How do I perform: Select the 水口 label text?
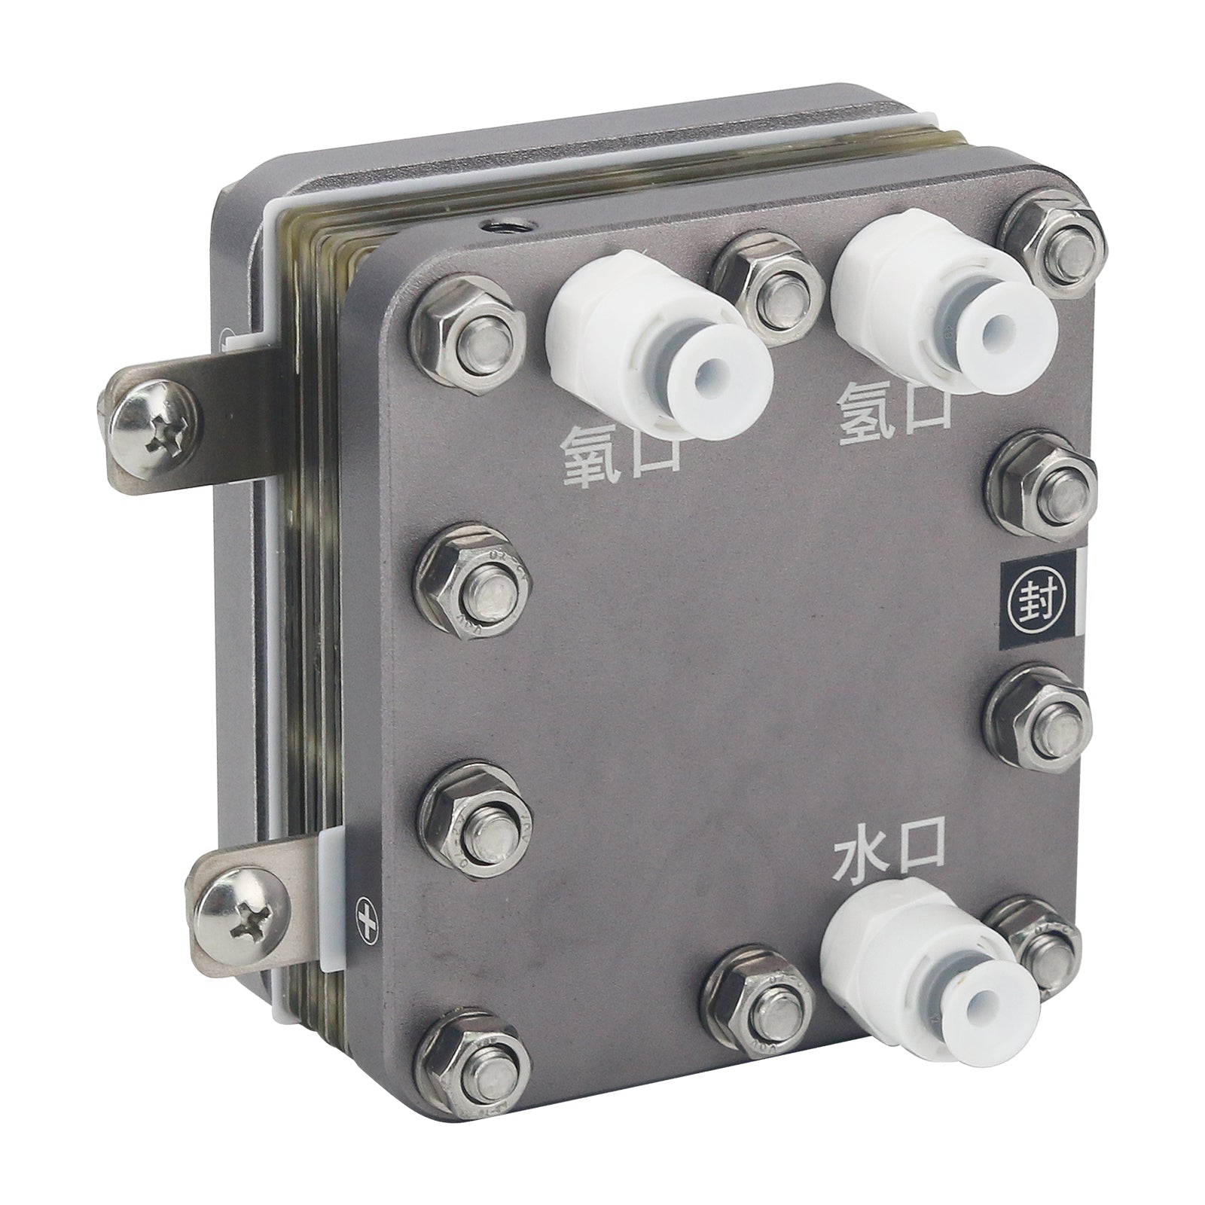pyautogui.click(x=889, y=857)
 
